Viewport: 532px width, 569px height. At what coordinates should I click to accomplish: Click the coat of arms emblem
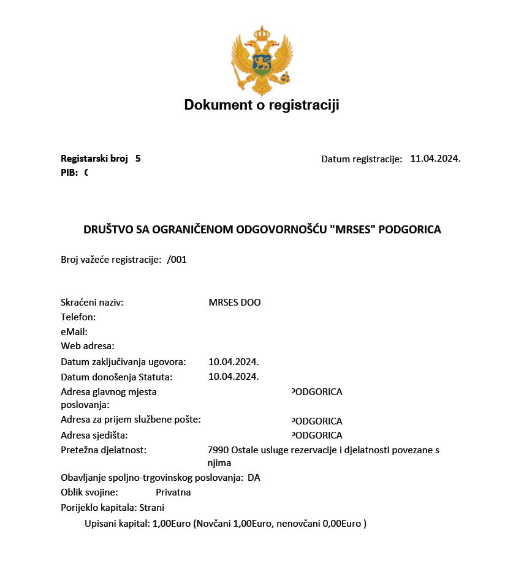point(262,60)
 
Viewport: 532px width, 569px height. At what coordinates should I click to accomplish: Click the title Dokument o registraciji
point(262,105)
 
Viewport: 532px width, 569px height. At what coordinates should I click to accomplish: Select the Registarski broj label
point(94,159)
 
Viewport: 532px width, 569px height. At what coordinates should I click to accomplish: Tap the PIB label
point(69,173)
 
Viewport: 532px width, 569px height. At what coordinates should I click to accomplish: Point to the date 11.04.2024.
point(435,159)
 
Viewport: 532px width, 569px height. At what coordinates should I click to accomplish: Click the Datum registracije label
point(362,159)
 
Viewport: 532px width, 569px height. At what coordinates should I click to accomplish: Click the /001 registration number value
point(177,260)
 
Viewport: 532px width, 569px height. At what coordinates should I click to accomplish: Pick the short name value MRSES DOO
point(235,303)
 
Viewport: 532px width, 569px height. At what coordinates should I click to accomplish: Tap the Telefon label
point(78,317)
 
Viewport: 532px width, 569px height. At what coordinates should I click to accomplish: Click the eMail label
point(74,332)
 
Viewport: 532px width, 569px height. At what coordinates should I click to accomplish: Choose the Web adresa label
point(88,346)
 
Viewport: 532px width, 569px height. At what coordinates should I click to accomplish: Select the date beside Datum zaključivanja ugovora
point(234,361)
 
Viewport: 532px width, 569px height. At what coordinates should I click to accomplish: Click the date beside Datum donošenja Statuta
point(234,376)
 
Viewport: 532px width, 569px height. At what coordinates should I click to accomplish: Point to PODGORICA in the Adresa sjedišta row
point(316,435)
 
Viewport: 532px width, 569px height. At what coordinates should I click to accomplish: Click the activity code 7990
point(218,450)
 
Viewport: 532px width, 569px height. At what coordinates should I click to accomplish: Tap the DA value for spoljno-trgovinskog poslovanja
point(254,478)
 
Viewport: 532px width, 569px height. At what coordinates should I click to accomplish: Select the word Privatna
point(173,492)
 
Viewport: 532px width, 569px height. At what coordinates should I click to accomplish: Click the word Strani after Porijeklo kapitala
point(152,507)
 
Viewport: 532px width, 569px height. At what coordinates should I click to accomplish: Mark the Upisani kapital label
point(117,524)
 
